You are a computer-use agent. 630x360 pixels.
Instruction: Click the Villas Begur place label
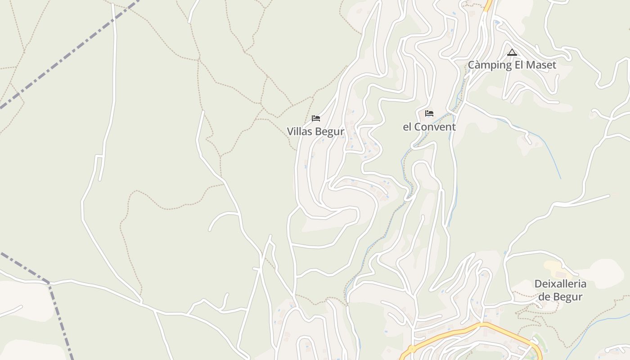[315, 131]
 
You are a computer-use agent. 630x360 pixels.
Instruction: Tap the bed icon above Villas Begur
[316, 118]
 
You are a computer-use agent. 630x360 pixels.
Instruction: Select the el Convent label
[429, 127]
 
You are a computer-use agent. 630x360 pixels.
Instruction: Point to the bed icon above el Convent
[429, 113]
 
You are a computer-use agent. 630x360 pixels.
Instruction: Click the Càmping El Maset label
[512, 65]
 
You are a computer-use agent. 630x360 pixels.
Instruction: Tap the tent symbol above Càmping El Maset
[512, 53]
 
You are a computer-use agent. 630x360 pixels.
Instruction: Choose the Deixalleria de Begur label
[560, 290]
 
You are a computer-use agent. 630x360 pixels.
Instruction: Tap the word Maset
[542, 65]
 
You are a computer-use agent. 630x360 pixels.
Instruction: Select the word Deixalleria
[560, 284]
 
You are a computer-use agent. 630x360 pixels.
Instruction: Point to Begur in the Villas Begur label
[329, 131]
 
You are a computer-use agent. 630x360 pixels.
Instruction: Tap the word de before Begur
[544, 297]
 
